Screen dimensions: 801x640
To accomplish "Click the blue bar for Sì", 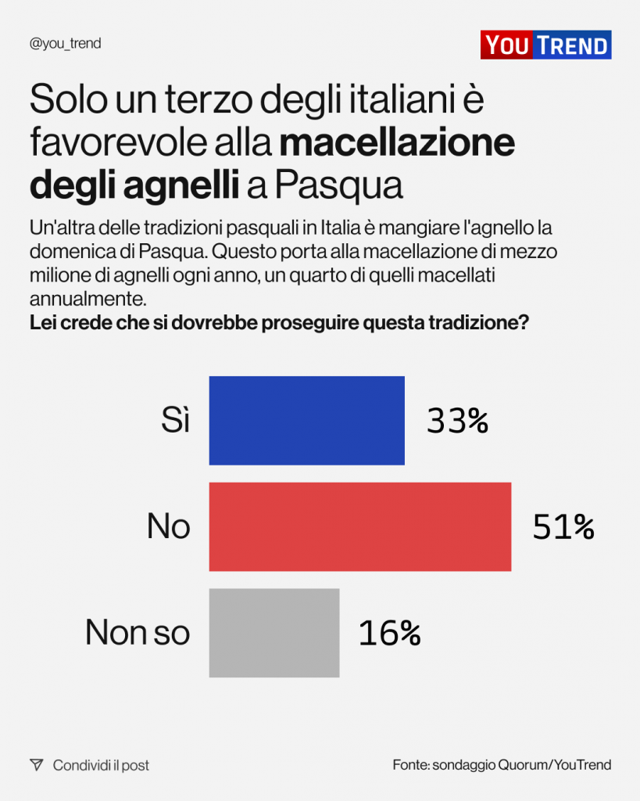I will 306,421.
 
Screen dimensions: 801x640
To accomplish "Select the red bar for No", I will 359,526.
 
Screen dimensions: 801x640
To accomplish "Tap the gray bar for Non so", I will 274,632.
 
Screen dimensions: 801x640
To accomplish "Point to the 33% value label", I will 457,422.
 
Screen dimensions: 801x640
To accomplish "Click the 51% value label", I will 563,527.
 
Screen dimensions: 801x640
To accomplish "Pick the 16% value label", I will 389,633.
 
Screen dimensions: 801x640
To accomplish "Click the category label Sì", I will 175,422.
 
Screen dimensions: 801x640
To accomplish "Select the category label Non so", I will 138,632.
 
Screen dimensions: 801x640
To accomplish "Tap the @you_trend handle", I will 65,44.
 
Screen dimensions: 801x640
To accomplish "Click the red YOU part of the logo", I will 506,45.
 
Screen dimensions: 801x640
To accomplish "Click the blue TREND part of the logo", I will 572,45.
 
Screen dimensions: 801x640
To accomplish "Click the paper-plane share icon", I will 36,765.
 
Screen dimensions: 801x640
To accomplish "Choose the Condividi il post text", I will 101,765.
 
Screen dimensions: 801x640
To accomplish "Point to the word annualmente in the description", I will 86,299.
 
